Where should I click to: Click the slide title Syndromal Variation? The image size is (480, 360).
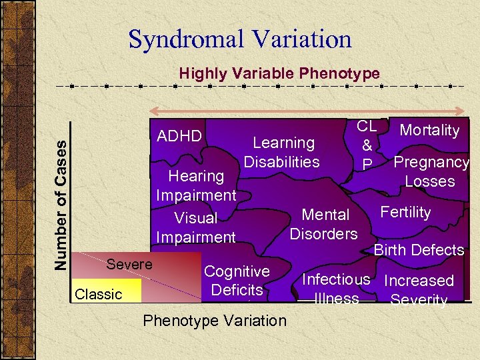(x=240, y=39)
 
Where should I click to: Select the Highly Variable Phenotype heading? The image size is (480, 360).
(x=279, y=73)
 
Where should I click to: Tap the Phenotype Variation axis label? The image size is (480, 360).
(x=215, y=321)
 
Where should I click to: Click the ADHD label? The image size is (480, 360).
(x=179, y=136)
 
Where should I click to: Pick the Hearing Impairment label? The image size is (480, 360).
(x=196, y=185)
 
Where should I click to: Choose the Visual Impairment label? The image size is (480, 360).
(x=196, y=227)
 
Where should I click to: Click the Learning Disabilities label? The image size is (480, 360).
(x=283, y=152)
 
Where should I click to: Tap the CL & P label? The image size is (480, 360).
(x=367, y=145)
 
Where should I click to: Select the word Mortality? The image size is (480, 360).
(x=429, y=130)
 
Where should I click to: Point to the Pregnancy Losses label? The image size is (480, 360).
(x=431, y=171)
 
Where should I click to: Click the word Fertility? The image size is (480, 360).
(x=405, y=212)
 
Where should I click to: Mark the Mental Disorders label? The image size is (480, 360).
(x=325, y=224)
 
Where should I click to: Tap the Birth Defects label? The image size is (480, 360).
(x=419, y=250)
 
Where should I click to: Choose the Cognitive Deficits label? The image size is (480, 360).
(x=237, y=281)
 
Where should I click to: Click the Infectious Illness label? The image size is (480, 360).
(x=337, y=289)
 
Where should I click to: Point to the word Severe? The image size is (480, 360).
(x=129, y=264)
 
